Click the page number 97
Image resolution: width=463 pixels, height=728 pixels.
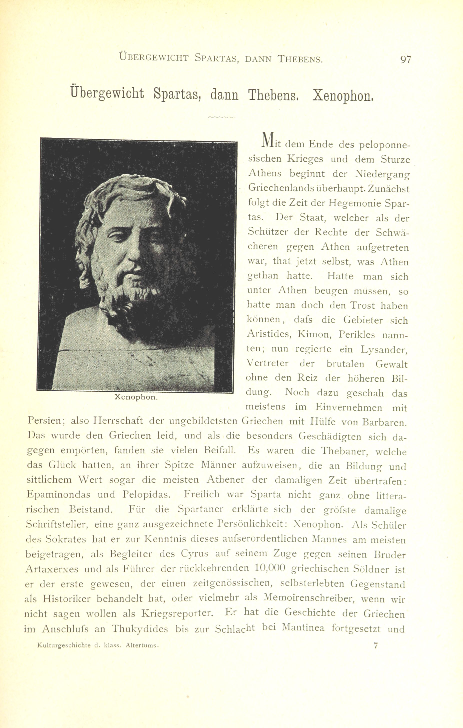pyautogui.click(x=405, y=59)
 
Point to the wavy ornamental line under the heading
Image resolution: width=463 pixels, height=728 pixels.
pyautogui.click(x=222, y=117)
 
